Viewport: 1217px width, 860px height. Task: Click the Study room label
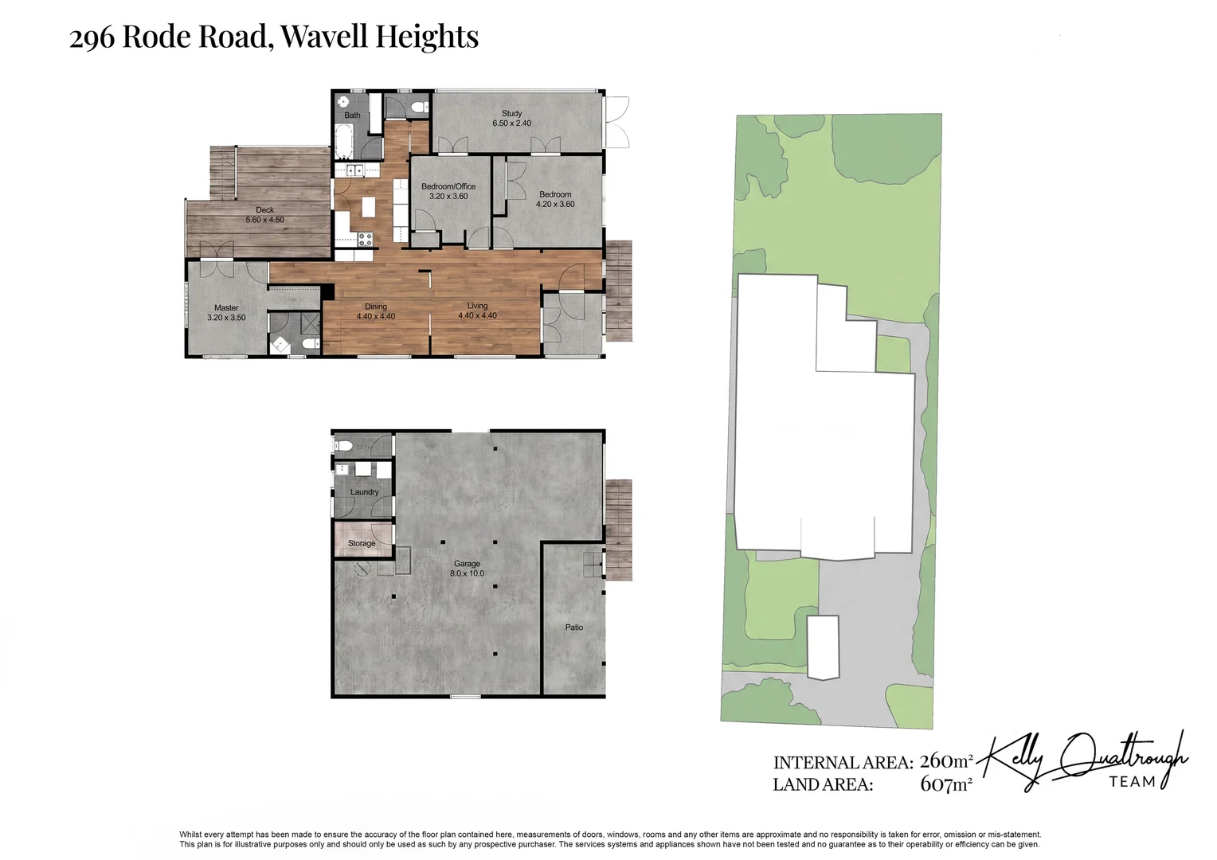tap(511, 114)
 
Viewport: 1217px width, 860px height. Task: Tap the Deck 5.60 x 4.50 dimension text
tap(264, 220)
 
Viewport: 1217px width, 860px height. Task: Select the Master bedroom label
tap(226, 307)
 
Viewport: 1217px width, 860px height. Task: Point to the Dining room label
tap(375, 307)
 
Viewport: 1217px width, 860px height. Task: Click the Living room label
tap(477, 306)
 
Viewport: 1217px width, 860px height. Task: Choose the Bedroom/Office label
tap(448, 186)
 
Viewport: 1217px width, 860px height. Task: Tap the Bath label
tap(352, 115)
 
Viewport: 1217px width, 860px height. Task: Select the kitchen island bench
tap(368, 207)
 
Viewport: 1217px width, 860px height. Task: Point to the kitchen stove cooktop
tap(365, 238)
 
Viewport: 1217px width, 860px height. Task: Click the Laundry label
tap(364, 492)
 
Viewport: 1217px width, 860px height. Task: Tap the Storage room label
tap(362, 543)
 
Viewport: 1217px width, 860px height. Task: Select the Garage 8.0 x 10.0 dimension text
tap(467, 573)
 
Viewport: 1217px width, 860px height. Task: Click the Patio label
tap(573, 627)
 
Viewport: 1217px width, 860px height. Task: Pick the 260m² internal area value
tap(946, 762)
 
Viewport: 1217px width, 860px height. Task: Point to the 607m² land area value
tap(946, 784)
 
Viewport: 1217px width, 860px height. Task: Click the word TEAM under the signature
tap(1133, 781)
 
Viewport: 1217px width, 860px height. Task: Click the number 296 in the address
tap(92, 38)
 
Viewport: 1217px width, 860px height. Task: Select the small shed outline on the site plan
tap(823, 647)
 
